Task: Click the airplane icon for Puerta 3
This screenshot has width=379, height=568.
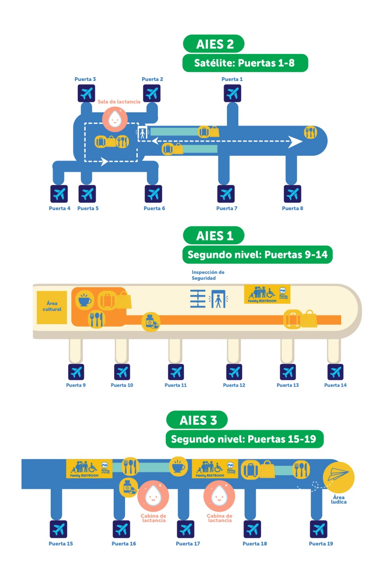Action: click(86, 93)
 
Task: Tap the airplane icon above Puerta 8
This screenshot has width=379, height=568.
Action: click(292, 194)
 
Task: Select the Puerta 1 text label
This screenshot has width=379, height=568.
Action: click(232, 79)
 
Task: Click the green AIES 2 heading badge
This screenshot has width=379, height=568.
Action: click(214, 44)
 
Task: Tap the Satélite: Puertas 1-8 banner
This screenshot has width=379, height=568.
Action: click(245, 63)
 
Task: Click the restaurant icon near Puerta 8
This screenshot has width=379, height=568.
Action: click(311, 132)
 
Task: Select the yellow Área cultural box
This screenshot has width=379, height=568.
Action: click(52, 307)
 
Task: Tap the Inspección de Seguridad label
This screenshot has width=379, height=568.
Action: click(208, 275)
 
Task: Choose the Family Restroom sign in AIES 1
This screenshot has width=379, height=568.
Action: click(267, 294)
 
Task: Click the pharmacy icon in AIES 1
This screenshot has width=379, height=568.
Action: click(151, 321)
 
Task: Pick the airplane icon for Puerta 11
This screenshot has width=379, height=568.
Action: click(176, 372)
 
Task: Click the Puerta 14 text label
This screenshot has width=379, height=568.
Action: click(335, 385)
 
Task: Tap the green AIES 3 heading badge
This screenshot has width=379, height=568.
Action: click(197, 420)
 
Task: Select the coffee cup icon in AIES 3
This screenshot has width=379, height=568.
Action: click(179, 466)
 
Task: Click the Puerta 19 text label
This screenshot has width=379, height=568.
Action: click(321, 543)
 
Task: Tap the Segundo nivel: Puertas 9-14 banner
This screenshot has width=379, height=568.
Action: click(258, 255)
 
